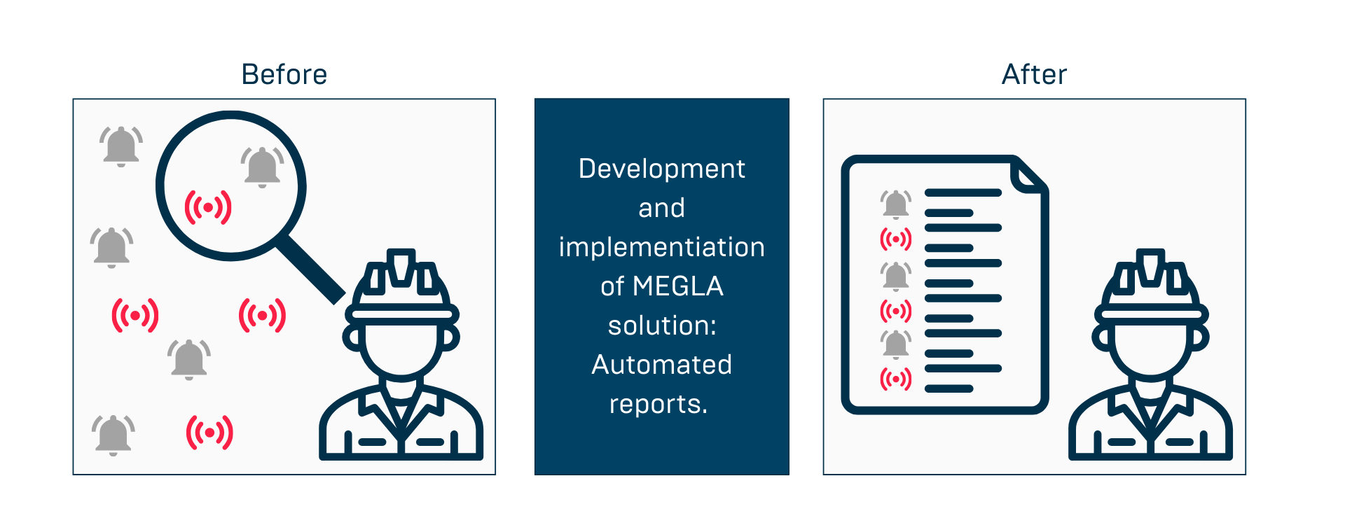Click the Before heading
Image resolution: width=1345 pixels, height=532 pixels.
tap(284, 74)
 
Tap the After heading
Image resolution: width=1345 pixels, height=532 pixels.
tap(1034, 74)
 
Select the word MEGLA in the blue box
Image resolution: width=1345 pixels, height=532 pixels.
tap(677, 286)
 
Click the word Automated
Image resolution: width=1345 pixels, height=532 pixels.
tap(661, 365)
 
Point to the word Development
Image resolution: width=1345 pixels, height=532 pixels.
tap(661, 169)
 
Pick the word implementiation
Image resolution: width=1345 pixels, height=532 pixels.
tap(661, 247)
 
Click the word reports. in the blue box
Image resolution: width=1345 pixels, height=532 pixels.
tap(658, 404)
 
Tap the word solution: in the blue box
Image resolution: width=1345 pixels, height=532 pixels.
tap(661, 325)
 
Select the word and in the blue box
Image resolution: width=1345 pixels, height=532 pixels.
tap(661, 208)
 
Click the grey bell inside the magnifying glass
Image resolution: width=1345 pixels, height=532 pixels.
tap(262, 167)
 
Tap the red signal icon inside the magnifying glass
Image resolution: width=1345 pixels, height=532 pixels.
tap(208, 207)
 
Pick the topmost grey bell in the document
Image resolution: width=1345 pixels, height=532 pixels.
tap(895, 204)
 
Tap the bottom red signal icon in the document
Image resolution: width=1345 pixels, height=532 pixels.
tap(895, 379)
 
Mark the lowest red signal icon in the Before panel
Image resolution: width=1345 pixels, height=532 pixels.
tap(209, 433)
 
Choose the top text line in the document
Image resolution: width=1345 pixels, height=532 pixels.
tap(963, 192)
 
